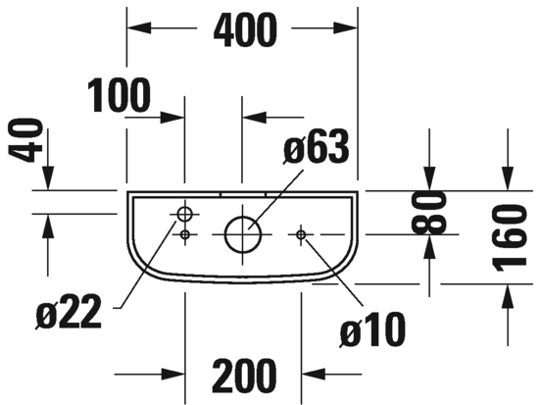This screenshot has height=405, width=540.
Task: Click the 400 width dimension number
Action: click(245, 30)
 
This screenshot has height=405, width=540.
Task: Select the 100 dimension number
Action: click(120, 95)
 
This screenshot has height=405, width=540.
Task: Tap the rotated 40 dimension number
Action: click(25, 140)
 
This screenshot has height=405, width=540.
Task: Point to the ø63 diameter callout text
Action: click(317, 147)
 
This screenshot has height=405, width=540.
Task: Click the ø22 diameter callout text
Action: click(69, 311)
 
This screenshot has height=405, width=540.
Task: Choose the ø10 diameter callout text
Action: click(372, 329)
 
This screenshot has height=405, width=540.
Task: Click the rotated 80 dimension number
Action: click(429, 213)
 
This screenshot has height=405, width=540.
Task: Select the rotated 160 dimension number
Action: click(510, 237)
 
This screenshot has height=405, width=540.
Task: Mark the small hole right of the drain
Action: click(301, 234)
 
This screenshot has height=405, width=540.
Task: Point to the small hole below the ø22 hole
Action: click(185, 234)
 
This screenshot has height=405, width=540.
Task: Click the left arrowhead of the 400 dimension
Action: click(139, 27)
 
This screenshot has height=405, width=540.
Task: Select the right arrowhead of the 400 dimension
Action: click(345, 27)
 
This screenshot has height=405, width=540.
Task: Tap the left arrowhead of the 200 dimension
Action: click(172, 374)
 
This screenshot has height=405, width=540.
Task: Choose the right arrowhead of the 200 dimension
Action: click(314, 374)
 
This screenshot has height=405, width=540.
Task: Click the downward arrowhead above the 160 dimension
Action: click(508, 178)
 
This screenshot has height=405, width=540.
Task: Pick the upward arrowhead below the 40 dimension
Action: click(48, 226)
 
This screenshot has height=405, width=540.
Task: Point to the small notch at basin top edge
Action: click(243, 194)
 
